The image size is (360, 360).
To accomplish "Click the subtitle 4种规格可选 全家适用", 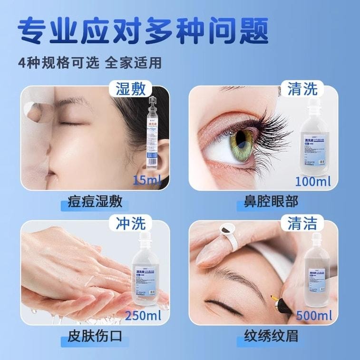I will (90, 63).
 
